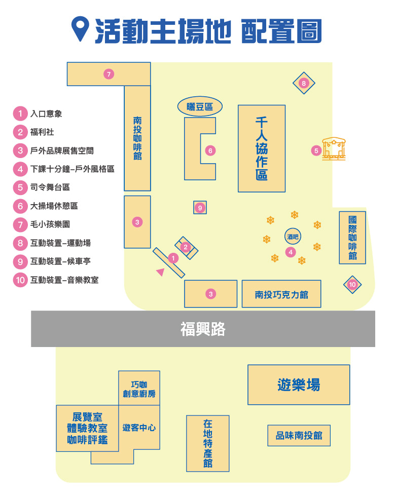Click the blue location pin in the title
[x=80, y=28]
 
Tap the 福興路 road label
[x=203, y=329]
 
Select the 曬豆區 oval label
[x=200, y=106]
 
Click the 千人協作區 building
[x=262, y=148]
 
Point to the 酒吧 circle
[x=293, y=236]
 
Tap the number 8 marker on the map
[x=304, y=83]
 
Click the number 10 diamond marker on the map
[x=352, y=285]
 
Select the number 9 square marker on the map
[x=200, y=208]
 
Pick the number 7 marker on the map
[x=109, y=74]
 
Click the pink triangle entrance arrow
[x=160, y=272]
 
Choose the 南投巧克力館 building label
[x=281, y=295]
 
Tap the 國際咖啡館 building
[x=352, y=238]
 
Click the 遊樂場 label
[x=299, y=385]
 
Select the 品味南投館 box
[x=299, y=435]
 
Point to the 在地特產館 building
[x=207, y=443]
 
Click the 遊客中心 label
[x=139, y=428]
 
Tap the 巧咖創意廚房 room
[x=139, y=388]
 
